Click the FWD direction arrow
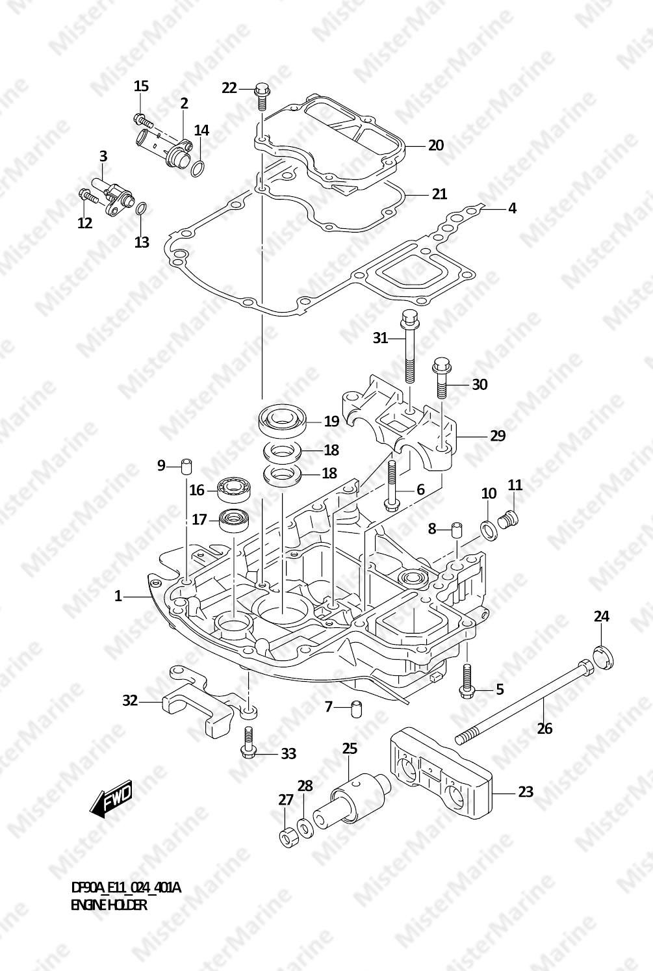point(110,799)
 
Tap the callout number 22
point(229,88)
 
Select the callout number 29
point(498,435)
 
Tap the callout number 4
point(512,209)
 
